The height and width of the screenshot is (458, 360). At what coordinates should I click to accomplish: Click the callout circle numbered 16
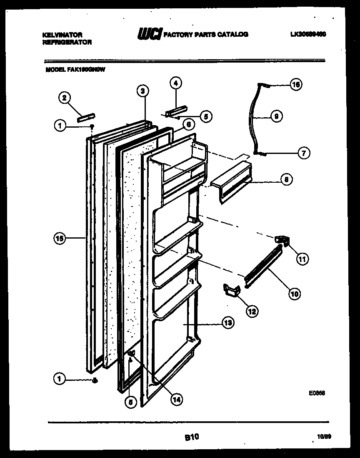click(295, 85)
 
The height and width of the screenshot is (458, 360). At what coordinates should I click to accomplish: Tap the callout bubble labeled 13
click(228, 322)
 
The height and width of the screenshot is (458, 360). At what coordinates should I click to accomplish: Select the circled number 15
click(60, 238)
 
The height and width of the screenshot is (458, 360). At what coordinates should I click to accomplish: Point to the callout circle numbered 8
click(286, 180)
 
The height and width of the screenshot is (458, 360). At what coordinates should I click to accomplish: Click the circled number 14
click(177, 399)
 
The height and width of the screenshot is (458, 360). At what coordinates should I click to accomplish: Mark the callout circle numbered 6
click(188, 124)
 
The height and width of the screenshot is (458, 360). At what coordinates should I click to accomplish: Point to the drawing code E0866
click(317, 393)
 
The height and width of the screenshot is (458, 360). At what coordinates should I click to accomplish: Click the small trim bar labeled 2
click(86, 116)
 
